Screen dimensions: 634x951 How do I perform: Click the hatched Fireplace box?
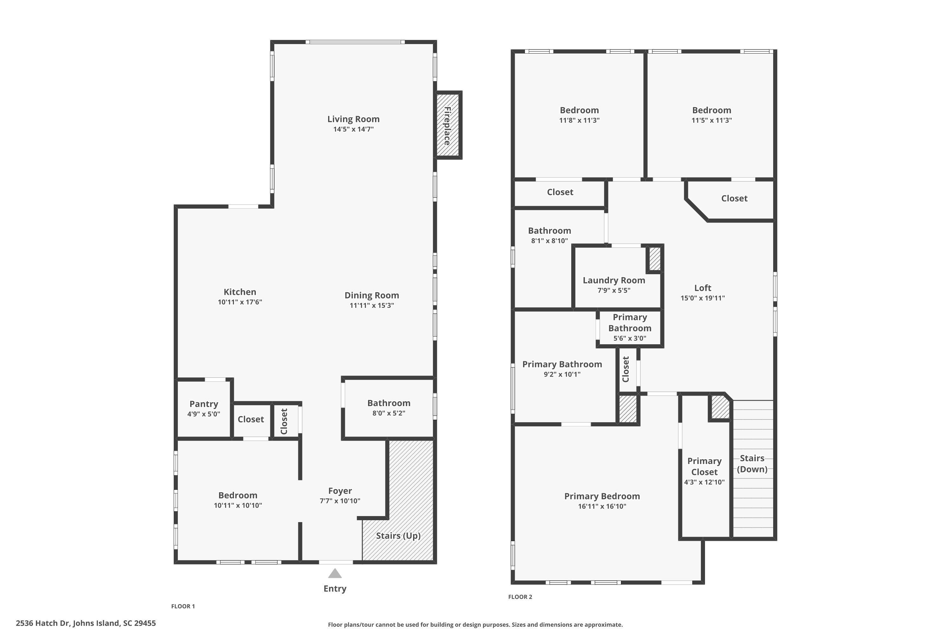[448, 125]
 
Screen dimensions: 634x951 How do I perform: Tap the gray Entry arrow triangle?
[335, 574]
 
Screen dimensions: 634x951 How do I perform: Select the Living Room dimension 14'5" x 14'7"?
[353, 129]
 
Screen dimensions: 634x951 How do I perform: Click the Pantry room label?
[204, 404]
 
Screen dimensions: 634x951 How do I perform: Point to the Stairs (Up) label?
[398, 536]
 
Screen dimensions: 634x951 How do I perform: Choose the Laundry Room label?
[614, 280]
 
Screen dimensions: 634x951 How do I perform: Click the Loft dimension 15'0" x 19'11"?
[703, 298]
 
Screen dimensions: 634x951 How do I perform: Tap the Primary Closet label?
[704, 467]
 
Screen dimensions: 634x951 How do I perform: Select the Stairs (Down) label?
[752, 464]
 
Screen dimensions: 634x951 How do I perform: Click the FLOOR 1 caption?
[183, 606]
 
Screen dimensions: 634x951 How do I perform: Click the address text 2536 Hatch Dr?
[86, 623]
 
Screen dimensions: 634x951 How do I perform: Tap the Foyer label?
[340, 491]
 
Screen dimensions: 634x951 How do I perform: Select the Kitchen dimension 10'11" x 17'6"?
[240, 302]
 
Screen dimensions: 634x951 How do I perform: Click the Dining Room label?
[372, 295]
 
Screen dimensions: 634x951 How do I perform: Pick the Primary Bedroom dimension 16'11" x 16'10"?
[602, 506]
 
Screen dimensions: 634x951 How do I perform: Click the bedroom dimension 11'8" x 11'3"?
[579, 120]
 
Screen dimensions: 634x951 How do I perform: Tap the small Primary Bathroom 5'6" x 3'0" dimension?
[630, 339]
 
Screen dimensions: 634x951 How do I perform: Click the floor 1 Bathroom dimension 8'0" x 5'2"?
[389, 413]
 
